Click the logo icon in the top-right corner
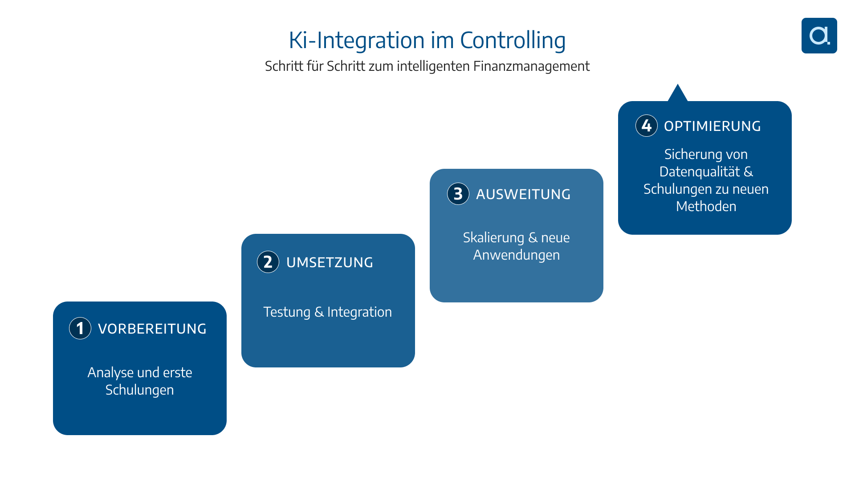pyautogui.click(x=819, y=36)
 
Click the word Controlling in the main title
pyautogui.click(x=513, y=40)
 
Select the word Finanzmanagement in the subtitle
pyautogui.click(x=531, y=66)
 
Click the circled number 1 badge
pyautogui.click(x=80, y=328)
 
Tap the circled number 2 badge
pyautogui.click(x=268, y=262)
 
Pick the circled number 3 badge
pyautogui.click(x=458, y=194)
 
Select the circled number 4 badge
pyautogui.click(x=647, y=126)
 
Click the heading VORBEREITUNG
pyautogui.click(x=152, y=329)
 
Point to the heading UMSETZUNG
pyautogui.click(x=330, y=262)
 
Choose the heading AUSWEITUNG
pyautogui.click(x=523, y=194)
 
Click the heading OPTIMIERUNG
pyautogui.click(x=712, y=126)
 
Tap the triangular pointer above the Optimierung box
pyautogui.click(x=678, y=94)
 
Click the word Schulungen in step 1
pyautogui.click(x=139, y=390)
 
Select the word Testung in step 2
pyautogui.click(x=287, y=312)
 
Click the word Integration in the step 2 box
pyautogui.click(x=359, y=312)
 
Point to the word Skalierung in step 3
pyautogui.click(x=493, y=238)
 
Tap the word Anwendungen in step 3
pyautogui.click(x=517, y=255)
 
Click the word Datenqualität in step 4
pyautogui.click(x=700, y=172)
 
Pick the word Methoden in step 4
pyautogui.click(x=706, y=207)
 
